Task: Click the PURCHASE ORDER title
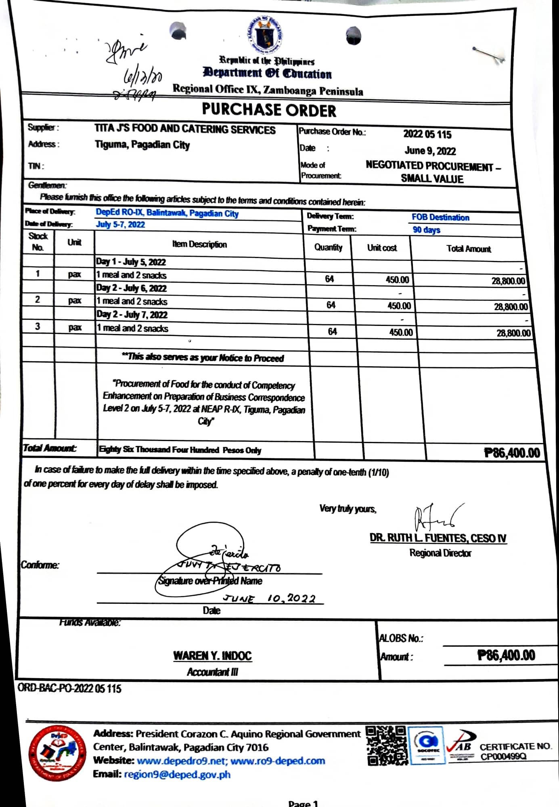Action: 269,110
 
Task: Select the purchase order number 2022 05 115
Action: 427,134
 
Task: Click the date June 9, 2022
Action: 430,151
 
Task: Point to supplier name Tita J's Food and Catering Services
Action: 185,129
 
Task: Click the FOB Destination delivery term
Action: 440,217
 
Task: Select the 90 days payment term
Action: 426,230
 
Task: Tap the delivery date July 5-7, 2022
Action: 120,225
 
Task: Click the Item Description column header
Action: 199,244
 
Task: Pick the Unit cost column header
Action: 382,248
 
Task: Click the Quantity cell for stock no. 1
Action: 329,279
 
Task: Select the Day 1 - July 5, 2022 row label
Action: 131,262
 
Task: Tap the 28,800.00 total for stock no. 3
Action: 513,333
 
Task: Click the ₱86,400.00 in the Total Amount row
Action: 512,453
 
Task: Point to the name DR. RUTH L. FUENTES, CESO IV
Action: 438,538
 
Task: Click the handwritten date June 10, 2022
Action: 270,598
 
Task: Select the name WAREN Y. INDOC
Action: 212,656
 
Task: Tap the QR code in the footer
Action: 386,745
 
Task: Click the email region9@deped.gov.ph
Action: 178,774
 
